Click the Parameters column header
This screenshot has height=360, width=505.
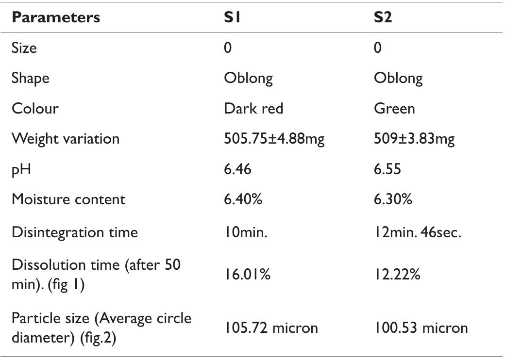[x=56, y=18]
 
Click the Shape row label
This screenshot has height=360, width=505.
[x=31, y=78]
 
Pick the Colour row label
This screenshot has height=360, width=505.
[x=35, y=108]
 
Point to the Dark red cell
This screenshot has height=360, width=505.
[x=253, y=108]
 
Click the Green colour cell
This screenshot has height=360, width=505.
[x=394, y=108]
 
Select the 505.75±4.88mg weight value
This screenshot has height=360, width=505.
[x=274, y=139]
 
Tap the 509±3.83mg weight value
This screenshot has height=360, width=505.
[x=414, y=139]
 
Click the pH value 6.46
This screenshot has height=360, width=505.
[x=237, y=169]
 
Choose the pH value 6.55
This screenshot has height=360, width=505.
[x=387, y=169]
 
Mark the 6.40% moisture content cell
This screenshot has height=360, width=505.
[x=243, y=199]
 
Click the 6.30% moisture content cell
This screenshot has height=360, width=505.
[x=393, y=199]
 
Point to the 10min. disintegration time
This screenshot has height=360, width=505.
[x=246, y=232]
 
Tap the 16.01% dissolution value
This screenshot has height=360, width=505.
[x=247, y=275]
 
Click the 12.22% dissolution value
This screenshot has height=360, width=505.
[x=397, y=275]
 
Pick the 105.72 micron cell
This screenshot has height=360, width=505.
[x=271, y=327]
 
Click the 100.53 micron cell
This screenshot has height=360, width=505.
[x=421, y=327]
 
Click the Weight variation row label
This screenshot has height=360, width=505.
[x=66, y=139]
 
